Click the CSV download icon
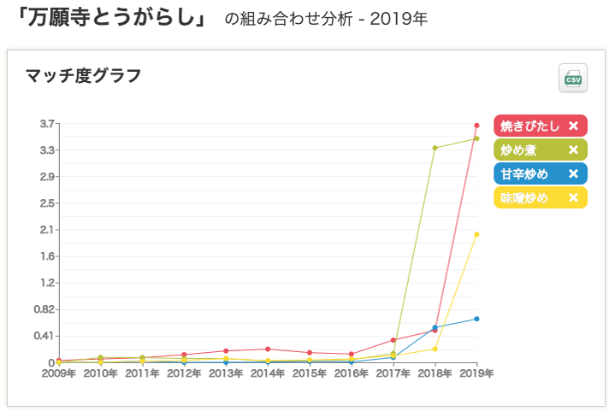tap(572, 78)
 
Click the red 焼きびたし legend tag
tap(529, 126)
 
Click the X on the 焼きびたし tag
tap(573, 126)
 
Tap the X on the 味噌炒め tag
tap(573, 197)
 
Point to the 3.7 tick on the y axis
tap(47, 124)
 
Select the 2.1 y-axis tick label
tap(47, 229)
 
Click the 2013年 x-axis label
tap(226, 373)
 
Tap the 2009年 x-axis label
tap(59, 373)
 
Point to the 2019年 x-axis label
tap(476, 373)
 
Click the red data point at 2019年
tap(476, 126)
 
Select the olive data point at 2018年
tap(435, 148)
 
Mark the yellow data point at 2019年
tap(476, 234)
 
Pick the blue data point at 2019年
tap(476, 319)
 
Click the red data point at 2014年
tap(268, 349)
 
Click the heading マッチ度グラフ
tap(84, 75)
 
